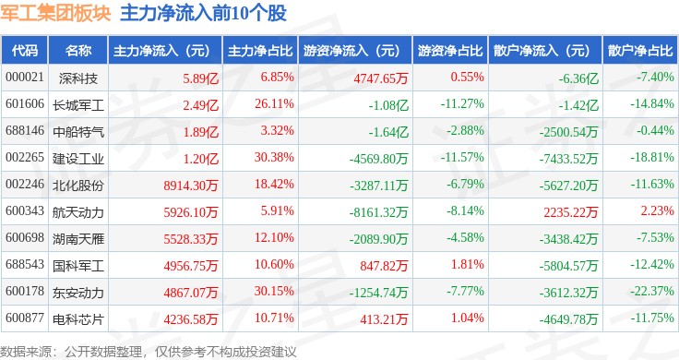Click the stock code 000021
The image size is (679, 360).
(x=25, y=78)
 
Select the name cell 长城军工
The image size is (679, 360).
(x=78, y=105)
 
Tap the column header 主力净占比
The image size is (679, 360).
(x=260, y=51)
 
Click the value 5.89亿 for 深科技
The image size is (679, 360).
(x=200, y=78)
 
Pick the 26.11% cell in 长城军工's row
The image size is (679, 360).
(x=274, y=104)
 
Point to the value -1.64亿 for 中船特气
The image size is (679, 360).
(x=388, y=132)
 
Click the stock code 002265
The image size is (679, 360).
(x=25, y=157)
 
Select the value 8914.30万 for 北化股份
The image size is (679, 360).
(x=191, y=186)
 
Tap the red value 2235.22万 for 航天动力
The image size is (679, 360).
(x=571, y=211)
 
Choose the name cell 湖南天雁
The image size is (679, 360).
(x=78, y=239)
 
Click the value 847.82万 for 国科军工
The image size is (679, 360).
(x=384, y=266)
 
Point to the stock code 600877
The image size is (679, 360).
(x=25, y=318)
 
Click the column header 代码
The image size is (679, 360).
(x=25, y=51)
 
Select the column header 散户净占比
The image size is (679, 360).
(x=640, y=51)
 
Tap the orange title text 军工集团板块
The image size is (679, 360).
(x=55, y=14)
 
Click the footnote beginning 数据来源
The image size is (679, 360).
(x=149, y=352)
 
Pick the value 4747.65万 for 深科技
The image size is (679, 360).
(x=381, y=78)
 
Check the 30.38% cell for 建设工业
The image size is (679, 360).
(x=274, y=157)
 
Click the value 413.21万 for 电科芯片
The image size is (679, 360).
(x=384, y=319)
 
